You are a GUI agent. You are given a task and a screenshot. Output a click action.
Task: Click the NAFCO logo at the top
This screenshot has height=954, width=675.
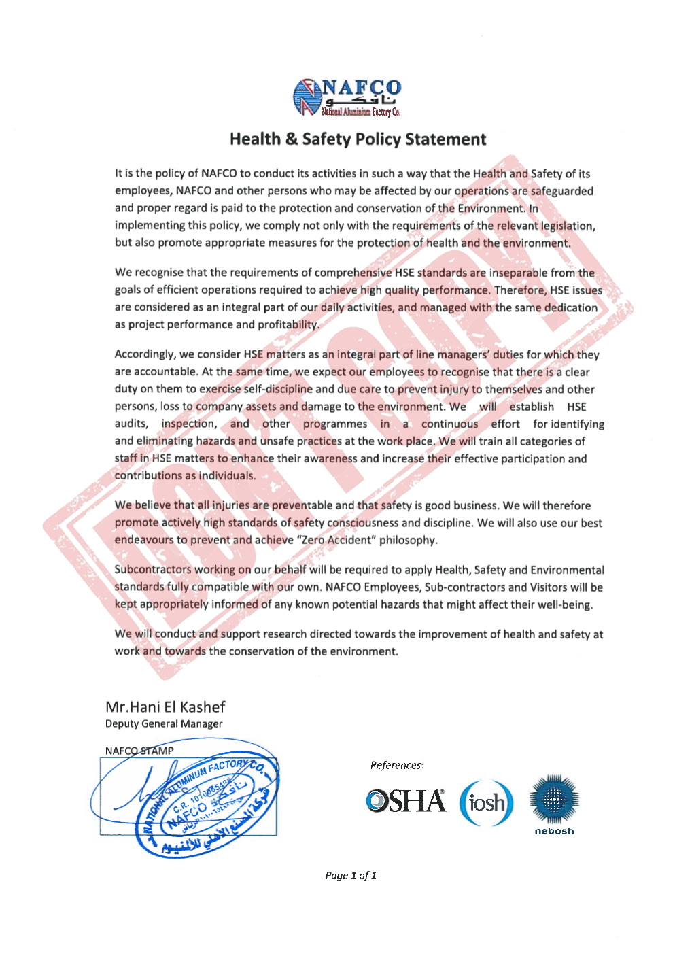tap(347, 97)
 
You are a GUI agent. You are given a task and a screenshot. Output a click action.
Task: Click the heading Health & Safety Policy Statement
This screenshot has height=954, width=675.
tap(358, 139)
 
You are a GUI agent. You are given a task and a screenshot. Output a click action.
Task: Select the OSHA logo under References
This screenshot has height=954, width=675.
tap(406, 801)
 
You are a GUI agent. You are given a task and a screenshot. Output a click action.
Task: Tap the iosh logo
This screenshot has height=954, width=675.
tap(486, 803)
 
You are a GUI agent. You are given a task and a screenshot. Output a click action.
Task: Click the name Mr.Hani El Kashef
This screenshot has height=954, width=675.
tap(165, 707)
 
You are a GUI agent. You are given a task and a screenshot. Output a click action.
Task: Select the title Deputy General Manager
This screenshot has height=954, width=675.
tap(164, 724)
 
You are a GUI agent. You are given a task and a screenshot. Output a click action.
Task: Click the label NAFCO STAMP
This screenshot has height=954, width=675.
tap(139, 751)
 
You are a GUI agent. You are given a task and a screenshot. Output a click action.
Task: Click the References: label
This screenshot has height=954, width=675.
tap(397, 766)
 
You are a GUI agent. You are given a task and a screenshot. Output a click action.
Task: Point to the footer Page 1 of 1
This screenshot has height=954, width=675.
tap(351, 876)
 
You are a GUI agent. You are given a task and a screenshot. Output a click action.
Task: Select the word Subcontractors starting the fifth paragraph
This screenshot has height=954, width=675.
tap(153, 570)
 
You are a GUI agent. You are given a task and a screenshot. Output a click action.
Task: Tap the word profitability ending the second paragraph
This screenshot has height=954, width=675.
tap(288, 324)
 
